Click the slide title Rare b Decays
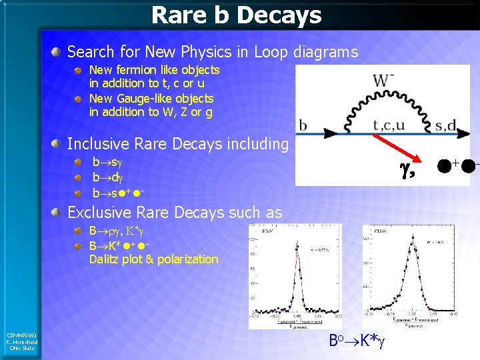(x=236, y=15)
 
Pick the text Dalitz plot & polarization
(x=153, y=259)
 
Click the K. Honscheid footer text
(x=23, y=341)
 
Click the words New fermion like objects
(x=154, y=69)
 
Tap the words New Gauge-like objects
(x=151, y=98)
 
